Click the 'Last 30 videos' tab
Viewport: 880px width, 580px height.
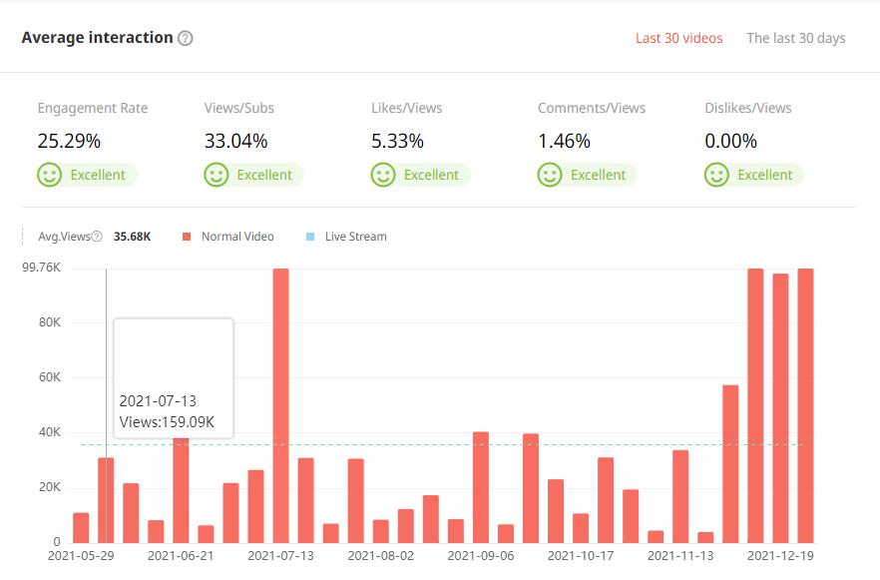678,38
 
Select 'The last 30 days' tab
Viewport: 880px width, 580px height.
795,38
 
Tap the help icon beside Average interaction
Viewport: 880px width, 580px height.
185,38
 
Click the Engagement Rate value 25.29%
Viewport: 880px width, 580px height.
69,141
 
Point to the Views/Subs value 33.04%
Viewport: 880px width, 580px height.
236,141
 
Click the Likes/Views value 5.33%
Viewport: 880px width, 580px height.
398,141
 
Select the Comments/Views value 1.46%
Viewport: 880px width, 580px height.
564,141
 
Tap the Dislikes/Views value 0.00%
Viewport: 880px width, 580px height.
730,141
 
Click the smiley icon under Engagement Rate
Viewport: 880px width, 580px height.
49,175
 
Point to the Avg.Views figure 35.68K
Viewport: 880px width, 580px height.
133,237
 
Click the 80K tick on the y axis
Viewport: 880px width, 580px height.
49,322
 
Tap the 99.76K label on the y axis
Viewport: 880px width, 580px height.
42,268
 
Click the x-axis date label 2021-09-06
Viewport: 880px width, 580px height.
481,555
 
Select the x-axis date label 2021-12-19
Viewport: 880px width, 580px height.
780,555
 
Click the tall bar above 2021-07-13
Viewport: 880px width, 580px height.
280,399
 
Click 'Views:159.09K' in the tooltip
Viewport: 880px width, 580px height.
167,421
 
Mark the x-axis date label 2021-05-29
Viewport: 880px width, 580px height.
81,555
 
